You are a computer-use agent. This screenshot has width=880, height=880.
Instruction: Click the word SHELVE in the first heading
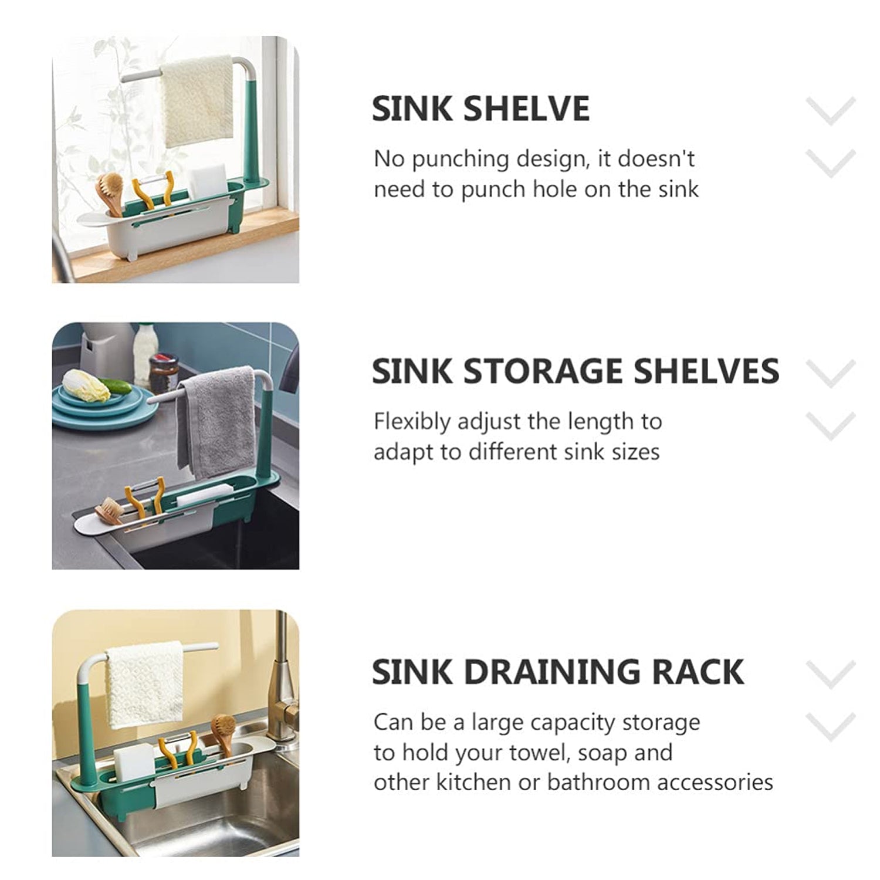point(526,109)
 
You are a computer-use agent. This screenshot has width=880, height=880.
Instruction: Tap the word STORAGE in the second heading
point(541,371)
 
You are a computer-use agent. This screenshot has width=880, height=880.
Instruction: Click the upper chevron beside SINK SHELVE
point(831,110)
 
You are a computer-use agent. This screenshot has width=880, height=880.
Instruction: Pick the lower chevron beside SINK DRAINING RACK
point(831,726)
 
